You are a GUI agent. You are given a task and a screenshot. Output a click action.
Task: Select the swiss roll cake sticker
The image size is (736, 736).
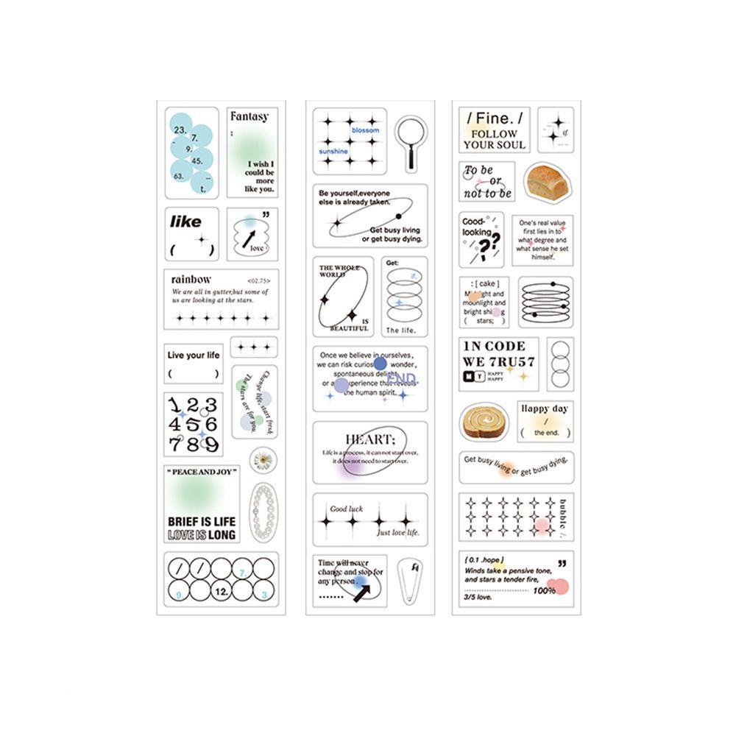(485, 422)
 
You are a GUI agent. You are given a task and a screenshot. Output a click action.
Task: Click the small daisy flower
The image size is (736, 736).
(263, 461)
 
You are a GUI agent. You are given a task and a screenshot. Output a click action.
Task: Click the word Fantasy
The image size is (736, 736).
(250, 116)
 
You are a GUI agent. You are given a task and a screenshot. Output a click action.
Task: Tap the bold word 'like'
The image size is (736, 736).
(185, 222)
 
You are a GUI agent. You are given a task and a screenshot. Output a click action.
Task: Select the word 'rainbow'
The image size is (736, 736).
(191, 279)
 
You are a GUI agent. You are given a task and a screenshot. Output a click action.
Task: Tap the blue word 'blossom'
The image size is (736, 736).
(366, 130)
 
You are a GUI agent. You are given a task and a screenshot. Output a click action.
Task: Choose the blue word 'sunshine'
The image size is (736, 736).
(333, 150)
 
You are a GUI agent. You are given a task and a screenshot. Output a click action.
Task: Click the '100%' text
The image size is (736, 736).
(545, 590)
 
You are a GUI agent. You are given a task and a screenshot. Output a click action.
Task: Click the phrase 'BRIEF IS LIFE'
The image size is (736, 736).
(202, 521)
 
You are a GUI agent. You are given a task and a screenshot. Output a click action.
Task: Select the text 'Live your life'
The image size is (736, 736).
(194, 355)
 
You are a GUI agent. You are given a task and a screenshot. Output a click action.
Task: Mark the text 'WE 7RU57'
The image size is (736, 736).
(498, 361)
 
